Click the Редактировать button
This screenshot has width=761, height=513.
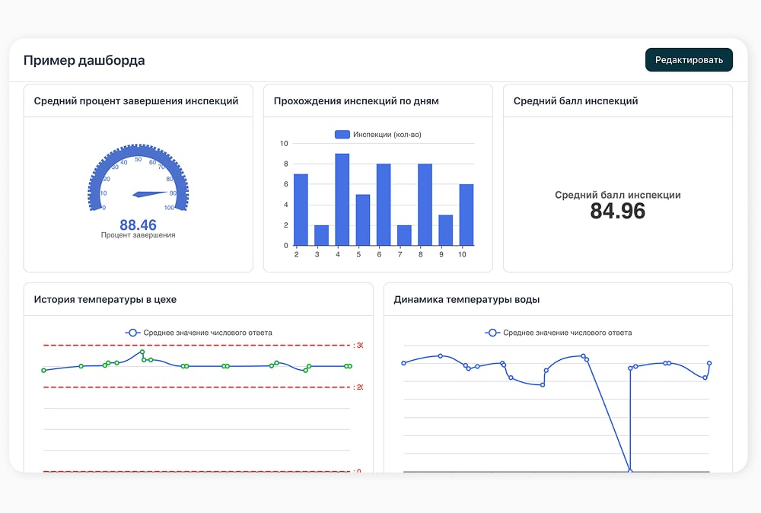pyautogui.click(x=689, y=59)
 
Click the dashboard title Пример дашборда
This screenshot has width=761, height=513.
pyautogui.click(x=84, y=60)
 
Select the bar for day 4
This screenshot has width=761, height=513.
pyautogui.click(x=342, y=199)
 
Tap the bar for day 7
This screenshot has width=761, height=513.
pyautogui.click(x=404, y=235)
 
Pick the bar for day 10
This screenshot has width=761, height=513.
pyautogui.click(x=466, y=215)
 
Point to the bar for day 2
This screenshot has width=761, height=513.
pyautogui.click(x=301, y=209)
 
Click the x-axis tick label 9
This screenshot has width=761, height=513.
pyautogui.click(x=441, y=254)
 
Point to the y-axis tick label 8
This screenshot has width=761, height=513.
pyautogui.click(x=286, y=164)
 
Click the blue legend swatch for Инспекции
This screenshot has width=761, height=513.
pyautogui.click(x=342, y=135)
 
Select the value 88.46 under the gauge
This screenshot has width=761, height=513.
pyautogui.click(x=139, y=225)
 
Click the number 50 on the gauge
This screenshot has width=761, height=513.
pyautogui.click(x=139, y=159)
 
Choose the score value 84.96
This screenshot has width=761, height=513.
pyautogui.click(x=618, y=211)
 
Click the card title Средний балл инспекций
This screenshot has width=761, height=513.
pyautogui.click(x=575, y=101)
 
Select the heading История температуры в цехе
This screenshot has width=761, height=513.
pyautogui.click(x=105, y=299)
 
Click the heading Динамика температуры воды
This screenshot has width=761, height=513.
pyautogui.click(x=466, y=299)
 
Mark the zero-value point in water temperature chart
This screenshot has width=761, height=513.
pyautogui.click(x=630, y=471)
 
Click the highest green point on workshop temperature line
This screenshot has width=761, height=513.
pyautogui.click(x=142, y=352)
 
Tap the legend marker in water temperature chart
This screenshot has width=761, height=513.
pyautogui.click(x=492, y=333)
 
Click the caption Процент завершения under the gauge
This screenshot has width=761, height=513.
pyautogui.click(x=139, y=235)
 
